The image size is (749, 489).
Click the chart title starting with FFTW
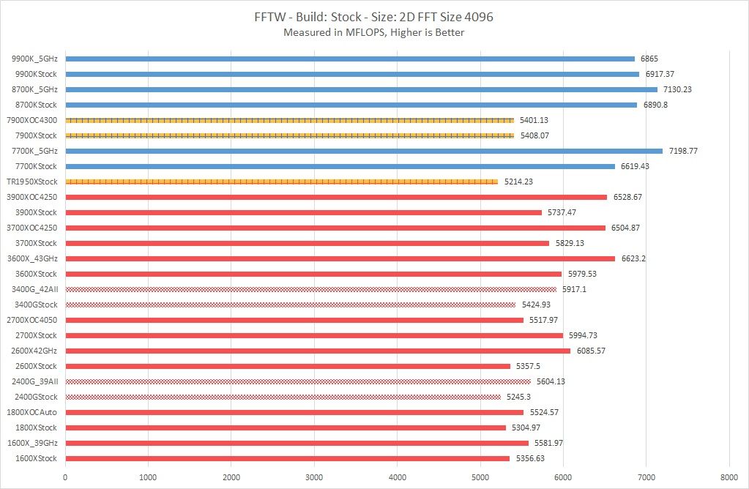click(374, 17)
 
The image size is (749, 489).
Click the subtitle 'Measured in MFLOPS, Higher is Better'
click(374, 32)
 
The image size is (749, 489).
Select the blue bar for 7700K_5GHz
click(364, 151)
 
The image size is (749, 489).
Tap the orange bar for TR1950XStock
click(282, 182)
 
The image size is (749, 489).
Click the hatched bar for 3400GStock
click(291, 305)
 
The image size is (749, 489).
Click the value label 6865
click(651, 59)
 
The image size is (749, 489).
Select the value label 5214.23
click(518, 182)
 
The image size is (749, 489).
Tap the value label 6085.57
click(591, 351)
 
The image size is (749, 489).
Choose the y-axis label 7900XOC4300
click(31, 120)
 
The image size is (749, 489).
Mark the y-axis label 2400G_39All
click(35, 381)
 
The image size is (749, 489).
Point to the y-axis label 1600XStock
click(36, 458)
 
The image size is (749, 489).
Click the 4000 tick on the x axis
click(398, 477)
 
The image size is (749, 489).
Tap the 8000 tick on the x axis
click(728, 477)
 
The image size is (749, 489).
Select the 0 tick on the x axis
click(66, 477)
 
